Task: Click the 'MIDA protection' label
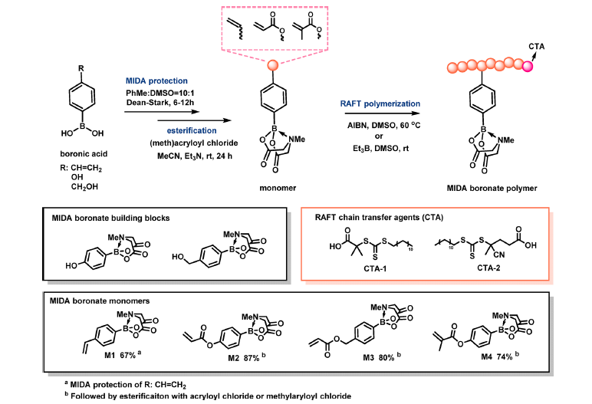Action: (x=156, y=80)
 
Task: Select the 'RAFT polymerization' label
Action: (x=381, y=103)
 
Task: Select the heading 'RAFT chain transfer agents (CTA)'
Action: (x=374, y=218)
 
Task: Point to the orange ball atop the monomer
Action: (x=274, y=69)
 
